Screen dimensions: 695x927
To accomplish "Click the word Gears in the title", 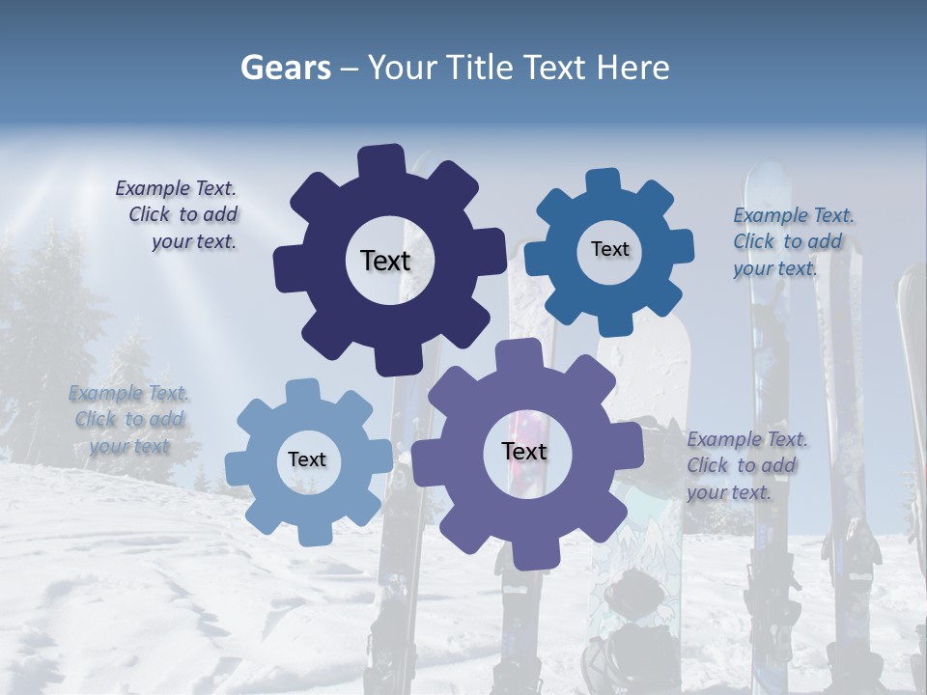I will click(284, 68).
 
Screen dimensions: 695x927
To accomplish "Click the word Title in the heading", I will click(485, 68).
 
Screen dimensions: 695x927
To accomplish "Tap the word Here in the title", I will click(632, 68).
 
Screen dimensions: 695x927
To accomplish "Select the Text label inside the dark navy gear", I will click(385, 261).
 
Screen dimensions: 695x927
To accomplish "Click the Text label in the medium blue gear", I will click(609, 249).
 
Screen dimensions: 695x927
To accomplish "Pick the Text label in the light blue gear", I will click(307, 459).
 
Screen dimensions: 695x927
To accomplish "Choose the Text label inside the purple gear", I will click(524, 451).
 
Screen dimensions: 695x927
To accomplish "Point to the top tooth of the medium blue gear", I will click(604, 181).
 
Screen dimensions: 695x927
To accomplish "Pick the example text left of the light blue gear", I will click(128, 419).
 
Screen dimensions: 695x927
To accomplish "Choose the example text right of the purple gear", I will click(745, 465).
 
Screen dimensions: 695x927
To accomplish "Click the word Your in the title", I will click(406, 68).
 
